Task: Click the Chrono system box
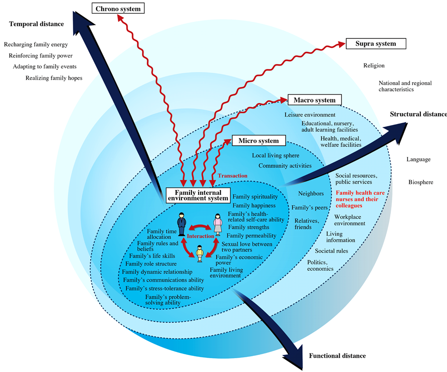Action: pos(118,9)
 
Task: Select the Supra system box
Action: pos(376,44)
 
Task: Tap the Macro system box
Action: pos(314,100)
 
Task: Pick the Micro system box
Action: pos(258,141)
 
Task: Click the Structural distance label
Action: pos(418,114)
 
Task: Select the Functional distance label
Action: pos(337,355)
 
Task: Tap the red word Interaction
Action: pos(200,236)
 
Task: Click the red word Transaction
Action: pos(232,176)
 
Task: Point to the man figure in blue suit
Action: pos(181,223)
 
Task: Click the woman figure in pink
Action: pos(218,224)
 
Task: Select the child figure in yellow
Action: pos(200,253)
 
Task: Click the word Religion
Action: pos(374,66)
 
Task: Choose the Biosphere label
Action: pos(420,182)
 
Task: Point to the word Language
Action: pos(418,159)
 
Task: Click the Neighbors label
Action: pos(311,193)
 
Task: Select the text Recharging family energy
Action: pos(36,45)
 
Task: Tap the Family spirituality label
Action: pos(254,197)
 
